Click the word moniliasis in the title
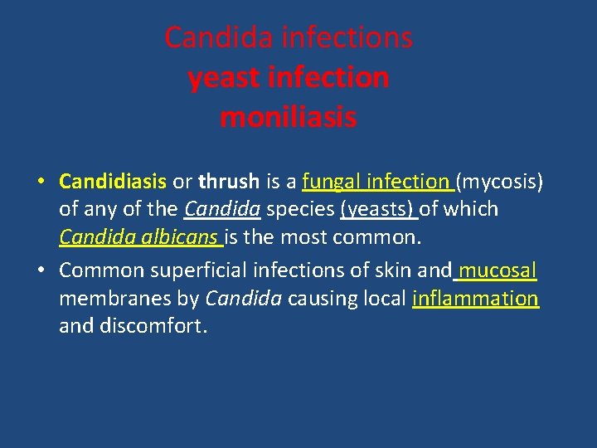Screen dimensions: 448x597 pyautogui.click(x=288, y=118)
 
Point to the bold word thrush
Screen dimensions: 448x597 pyautogui.click(x=230, y=181)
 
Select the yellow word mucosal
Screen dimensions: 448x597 pyautogui.click(x=498, y=270)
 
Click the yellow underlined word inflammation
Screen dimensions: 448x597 pyautogui.click(x=475, y=299)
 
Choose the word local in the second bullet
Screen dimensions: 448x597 pyautogui.click(x=384, y=299)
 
